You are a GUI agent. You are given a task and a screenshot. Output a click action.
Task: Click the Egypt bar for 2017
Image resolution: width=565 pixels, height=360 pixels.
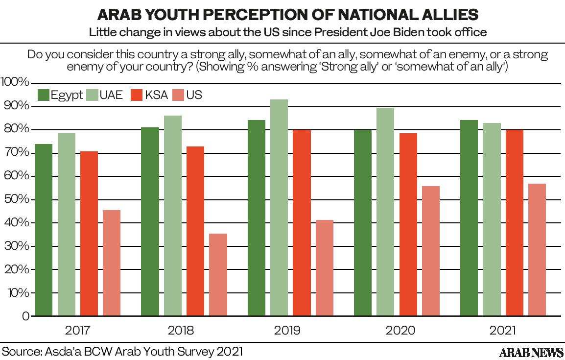coord(44,230)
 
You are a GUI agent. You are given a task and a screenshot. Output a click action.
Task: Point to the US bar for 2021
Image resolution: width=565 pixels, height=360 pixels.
coord(537,250)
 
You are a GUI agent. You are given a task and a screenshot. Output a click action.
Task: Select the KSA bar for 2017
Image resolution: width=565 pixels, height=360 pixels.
coord(89,234)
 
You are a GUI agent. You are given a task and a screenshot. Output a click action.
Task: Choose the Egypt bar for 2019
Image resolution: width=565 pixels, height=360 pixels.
coord(257,218)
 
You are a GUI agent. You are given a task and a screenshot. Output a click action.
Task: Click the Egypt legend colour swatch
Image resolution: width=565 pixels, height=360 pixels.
coord(43,95)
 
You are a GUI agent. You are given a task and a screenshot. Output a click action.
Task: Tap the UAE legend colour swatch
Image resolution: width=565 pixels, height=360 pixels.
coord(91,95)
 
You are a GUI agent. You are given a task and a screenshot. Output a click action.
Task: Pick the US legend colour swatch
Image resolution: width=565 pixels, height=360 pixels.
coord(177,95)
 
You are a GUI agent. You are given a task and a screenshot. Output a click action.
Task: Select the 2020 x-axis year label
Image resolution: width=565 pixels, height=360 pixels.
coord(400,331)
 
